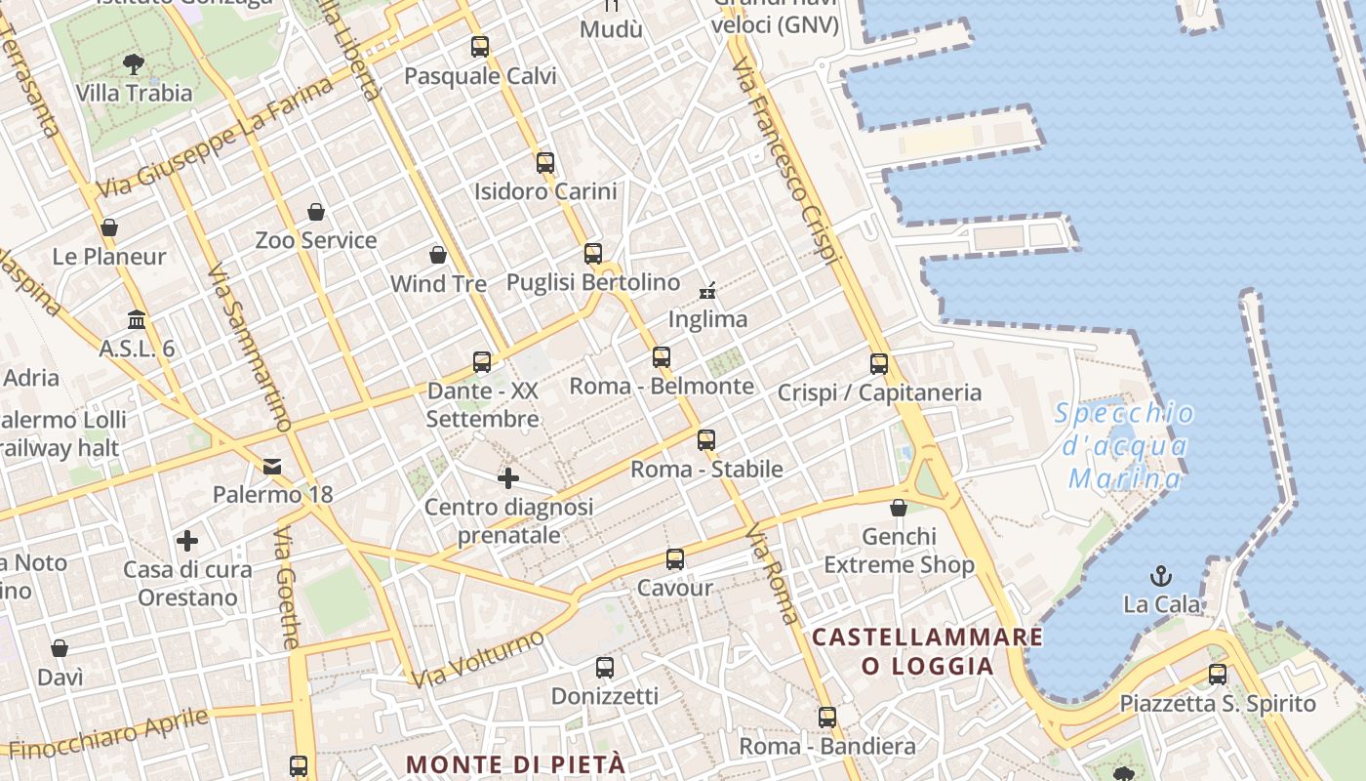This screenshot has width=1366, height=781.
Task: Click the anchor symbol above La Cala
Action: [1161, 575]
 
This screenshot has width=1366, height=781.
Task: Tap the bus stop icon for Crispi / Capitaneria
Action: [879, 364]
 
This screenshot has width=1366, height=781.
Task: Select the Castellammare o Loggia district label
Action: [927, 651]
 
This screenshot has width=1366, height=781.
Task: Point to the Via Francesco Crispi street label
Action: [786, 161]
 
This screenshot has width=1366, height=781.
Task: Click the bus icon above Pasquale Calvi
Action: [480, 46]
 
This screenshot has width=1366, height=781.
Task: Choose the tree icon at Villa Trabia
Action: [134, 64]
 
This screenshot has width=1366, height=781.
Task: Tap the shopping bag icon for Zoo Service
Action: [316, 212]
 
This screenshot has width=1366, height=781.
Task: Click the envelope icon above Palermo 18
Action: [272, 467]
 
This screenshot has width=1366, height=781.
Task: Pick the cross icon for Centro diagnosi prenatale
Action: [508, 478]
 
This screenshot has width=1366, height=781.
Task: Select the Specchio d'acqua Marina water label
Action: [1125, 445]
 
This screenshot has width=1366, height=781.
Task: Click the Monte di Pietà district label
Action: [515, 763]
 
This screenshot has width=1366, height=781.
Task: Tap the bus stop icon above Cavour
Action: [675, 559]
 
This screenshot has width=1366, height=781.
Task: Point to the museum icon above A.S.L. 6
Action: [137, 320]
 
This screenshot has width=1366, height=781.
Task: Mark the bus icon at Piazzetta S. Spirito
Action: [1218, 674]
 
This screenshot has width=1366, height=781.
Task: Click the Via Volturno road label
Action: [477, 658]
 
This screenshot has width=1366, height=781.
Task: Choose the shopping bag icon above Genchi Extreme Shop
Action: [899, 508]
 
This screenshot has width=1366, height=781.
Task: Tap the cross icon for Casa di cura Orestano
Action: [187, 541]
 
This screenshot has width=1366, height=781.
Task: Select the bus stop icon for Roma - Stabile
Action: [706, 440]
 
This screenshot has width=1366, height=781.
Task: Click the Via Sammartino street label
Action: [250, 347]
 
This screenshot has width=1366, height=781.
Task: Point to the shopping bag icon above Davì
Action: [60, 648]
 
